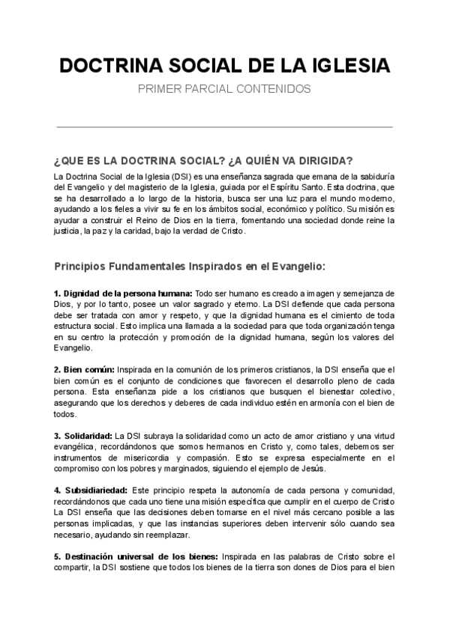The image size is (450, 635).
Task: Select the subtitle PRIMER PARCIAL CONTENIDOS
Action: [x=224, y=88]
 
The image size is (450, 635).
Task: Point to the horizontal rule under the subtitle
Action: [x=224, y=128]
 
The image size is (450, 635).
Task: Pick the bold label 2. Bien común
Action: [x=84, y=370]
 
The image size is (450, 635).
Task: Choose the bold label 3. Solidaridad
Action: [x=82, y=436]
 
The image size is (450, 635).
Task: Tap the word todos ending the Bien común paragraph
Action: [x=64, y=414]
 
